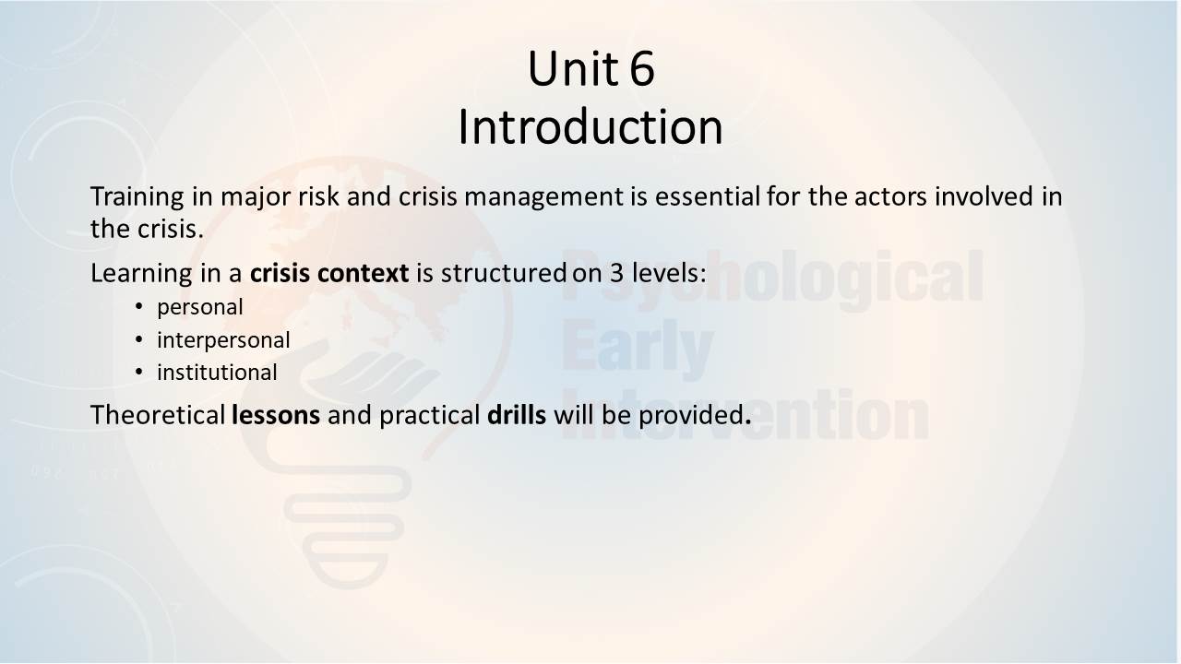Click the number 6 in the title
[x=642, y=68]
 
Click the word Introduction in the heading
[x=590, y=127]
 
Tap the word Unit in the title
[x=573, y=68]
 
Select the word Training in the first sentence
[x=137, y=197]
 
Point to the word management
[x=543, y=197]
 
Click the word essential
[x=707, y=196]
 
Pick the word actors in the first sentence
[x=890, y=196]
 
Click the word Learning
[x=142, y=274]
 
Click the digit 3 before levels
[x=617, y=273]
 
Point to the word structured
[x=504, y=273]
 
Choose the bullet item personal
[x=200, y=308]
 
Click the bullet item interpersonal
[x=223, y=340]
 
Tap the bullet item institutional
[x=217, y=372]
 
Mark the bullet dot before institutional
[x=138, y=372]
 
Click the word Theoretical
[x=158, y=415]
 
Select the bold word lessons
[x=276, y=415]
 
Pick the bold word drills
[x=517, y=415]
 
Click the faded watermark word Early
[x=638, y=350]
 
